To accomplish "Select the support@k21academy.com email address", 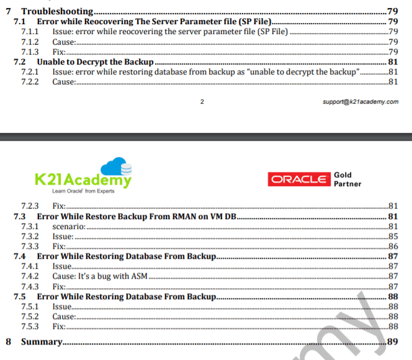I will [x=361, y=102].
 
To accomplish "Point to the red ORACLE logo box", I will [x=298, y=179].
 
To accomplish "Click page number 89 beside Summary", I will [x=392, y=341].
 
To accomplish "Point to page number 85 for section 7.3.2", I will [x=392, y=236].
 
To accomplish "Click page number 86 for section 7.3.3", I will [x=392, y=246].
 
